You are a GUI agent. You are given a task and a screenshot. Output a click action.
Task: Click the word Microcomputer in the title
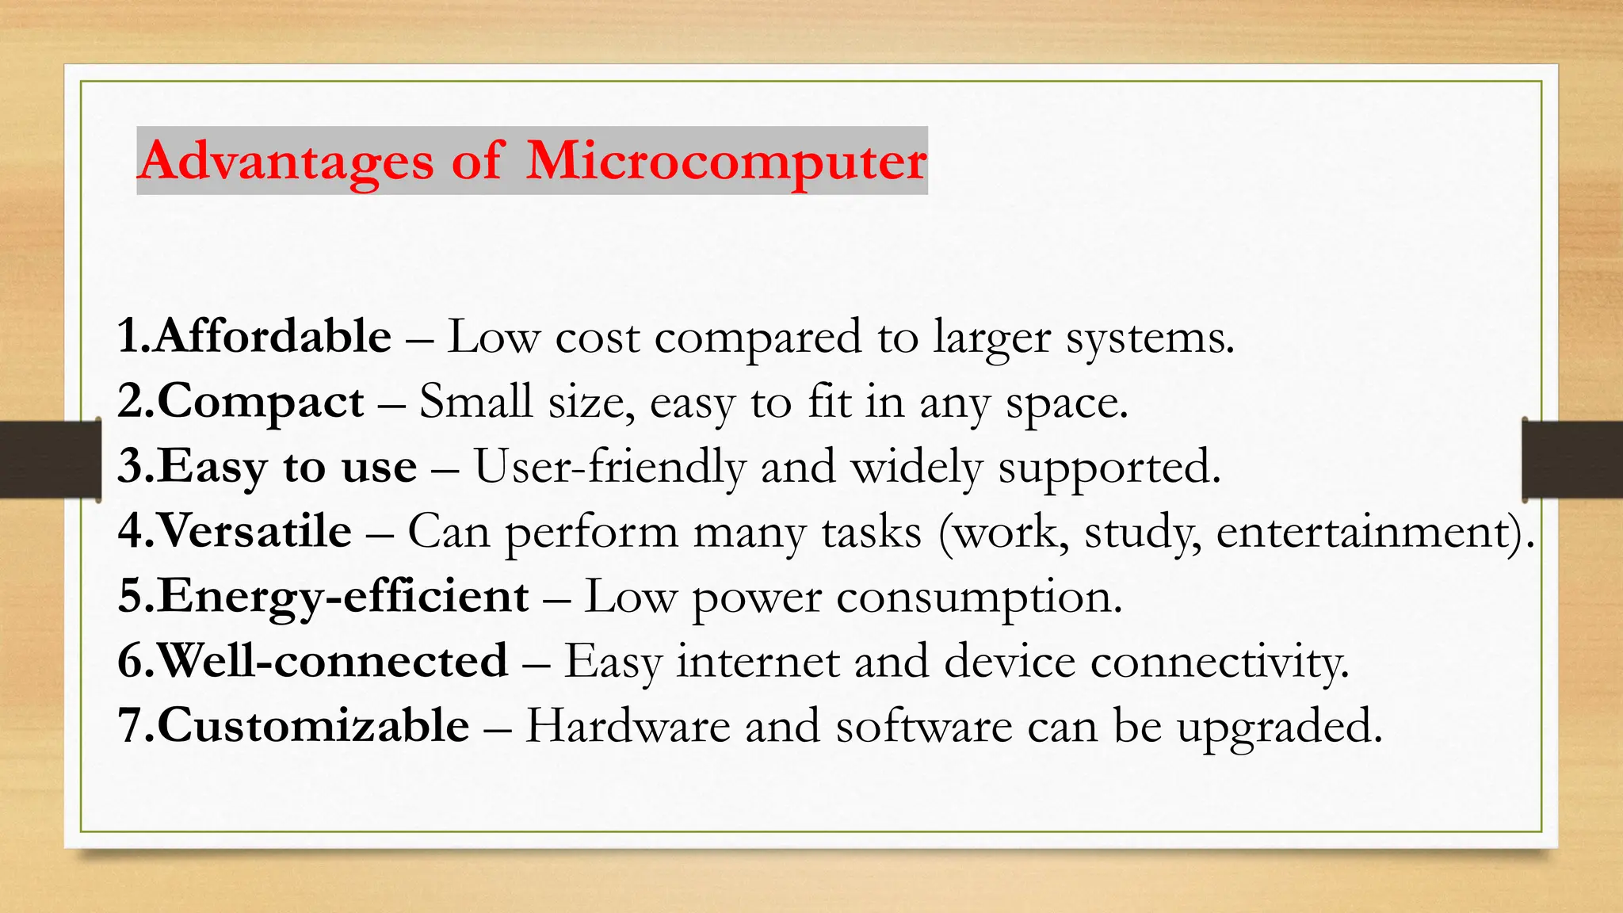point(726,162)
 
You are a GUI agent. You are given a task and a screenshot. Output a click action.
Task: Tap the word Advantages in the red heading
point(286,162)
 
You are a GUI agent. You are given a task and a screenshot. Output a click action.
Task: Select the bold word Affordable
point(273,336)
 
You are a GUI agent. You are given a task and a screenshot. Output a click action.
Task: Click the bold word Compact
point(261,401)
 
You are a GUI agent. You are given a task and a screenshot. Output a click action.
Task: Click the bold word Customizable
point(314,726)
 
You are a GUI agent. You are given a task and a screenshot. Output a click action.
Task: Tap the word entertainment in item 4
point(1362,531)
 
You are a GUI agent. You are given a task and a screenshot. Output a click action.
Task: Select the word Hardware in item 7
point(628,726)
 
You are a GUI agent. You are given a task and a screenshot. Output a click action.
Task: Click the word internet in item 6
point(758,661)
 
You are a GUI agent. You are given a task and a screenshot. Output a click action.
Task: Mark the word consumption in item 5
point(979,596)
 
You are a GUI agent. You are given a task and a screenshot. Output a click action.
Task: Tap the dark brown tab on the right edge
point(1573,460)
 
